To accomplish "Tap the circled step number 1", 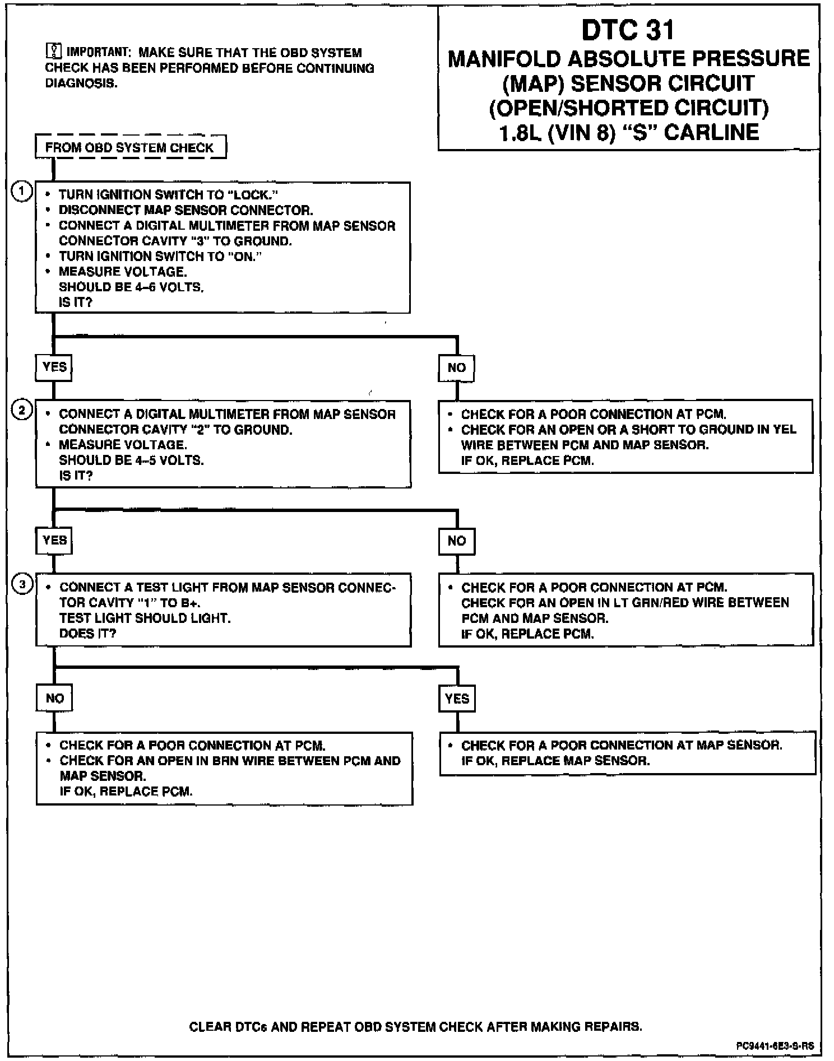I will click(22, 192).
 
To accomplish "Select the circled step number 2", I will click(22, 411).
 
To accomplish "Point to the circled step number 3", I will click(22, 585).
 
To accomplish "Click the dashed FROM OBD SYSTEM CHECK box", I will click(130, 147).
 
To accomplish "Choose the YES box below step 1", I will click(54, 367).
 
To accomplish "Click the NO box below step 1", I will click(456, 367).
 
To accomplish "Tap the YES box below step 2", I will click(54, 541).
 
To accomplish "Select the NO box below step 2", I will click(456, 541).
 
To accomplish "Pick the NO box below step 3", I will click(54, 698).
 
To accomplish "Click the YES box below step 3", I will click(457, 699).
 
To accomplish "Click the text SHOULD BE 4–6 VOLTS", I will click(131, 287).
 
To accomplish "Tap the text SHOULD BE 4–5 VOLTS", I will click(131, 460).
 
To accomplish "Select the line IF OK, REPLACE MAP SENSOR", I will click(555, 761).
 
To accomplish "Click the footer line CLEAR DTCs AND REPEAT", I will click(415, 1027).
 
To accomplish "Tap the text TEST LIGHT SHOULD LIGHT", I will click(145, 618).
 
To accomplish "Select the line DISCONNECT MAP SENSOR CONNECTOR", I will click(186, 210).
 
